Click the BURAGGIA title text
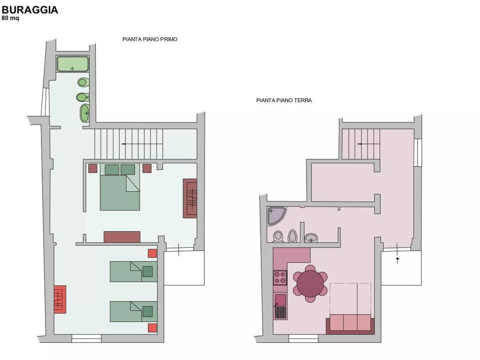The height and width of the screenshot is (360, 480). (30, 10)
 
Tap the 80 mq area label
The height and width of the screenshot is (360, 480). (10, 18)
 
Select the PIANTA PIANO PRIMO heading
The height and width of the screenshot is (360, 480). (150, 39)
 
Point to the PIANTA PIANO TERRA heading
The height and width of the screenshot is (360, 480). (284, 100)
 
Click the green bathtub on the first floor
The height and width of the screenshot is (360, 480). (73, 64)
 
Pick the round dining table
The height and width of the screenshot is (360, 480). (310, 284)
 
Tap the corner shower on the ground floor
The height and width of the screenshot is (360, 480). (276, 216)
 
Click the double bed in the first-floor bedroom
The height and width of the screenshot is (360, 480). (120, 187)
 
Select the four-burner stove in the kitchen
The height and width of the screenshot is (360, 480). (280, 278)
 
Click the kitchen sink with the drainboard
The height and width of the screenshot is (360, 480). (280, 306)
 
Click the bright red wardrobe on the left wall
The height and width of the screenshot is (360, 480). (60, 299)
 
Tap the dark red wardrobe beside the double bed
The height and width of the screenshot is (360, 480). (190, 198)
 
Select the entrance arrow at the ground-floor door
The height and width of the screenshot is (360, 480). (397, 260)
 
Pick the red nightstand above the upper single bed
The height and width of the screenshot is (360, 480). (152, 253)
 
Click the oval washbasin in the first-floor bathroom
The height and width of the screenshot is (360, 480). (85, 113)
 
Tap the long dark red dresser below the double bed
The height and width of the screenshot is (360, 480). (122, 237)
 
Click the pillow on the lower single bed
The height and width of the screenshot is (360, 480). (148, 312)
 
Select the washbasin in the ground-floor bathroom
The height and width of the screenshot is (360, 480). (311, 238)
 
